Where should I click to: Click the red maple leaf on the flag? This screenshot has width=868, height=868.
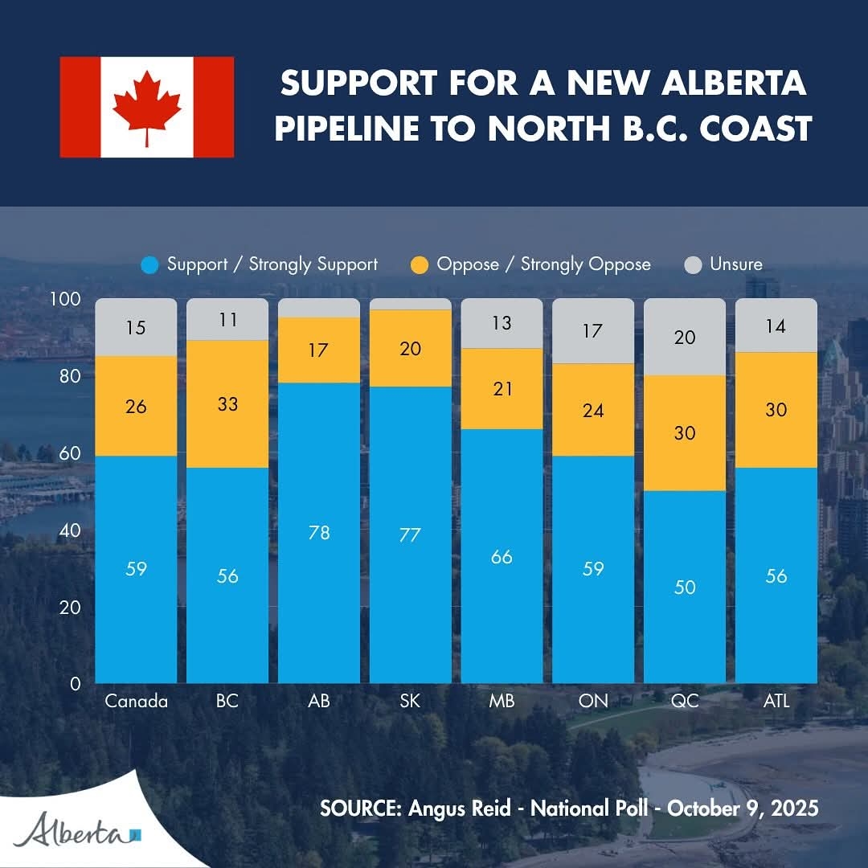click(146, 108)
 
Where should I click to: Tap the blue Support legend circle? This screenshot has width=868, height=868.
click(149, 264)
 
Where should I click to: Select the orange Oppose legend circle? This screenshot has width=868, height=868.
click(420, 264)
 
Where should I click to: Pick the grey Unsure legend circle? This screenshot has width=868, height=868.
click(693, 264)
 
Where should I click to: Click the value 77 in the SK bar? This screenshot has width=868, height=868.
click(410, 535)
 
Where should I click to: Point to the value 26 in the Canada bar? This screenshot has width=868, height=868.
click(136, 407)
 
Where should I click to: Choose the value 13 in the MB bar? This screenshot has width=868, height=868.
click(502, 323)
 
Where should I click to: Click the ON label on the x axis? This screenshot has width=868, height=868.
click(593, 701)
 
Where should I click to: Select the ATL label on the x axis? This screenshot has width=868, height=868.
click(776, 701)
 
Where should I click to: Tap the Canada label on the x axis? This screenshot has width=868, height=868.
click(136, 701)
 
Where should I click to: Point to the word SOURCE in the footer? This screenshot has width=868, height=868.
click(360, 808)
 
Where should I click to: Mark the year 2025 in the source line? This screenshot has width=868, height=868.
click(792, 808)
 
